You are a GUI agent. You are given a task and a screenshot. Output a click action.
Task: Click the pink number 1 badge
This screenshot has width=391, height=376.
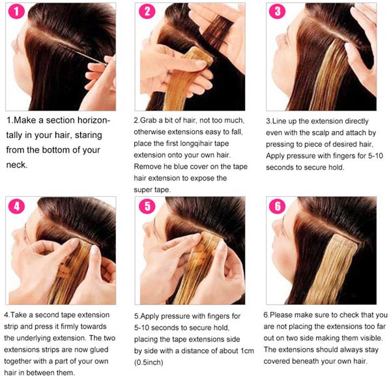(x=16, y=12)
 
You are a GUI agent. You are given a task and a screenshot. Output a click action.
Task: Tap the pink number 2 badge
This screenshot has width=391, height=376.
(x=147, y=12)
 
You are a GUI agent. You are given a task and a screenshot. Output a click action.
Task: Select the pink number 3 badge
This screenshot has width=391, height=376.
(x=278, y=12)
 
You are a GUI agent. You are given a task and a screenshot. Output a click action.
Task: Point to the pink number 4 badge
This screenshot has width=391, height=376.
(x=16, y=206)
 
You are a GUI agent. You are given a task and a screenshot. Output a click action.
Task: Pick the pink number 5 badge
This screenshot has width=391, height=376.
(x=147, y=206)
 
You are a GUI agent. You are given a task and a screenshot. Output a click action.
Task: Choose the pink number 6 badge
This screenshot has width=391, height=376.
(x=278, y=206)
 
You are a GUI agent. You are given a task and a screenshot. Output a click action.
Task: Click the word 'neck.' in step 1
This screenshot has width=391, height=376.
(x=16, y=165)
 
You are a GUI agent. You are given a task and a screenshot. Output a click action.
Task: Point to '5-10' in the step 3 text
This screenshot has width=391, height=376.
(x=375, y=156)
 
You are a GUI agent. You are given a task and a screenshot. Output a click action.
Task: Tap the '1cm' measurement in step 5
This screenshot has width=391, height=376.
(x=248, y=351)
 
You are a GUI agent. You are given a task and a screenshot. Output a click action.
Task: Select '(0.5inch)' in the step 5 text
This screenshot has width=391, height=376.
(x=149, y=362)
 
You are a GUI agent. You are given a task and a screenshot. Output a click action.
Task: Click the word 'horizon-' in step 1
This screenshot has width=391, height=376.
(x=93, y=120)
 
